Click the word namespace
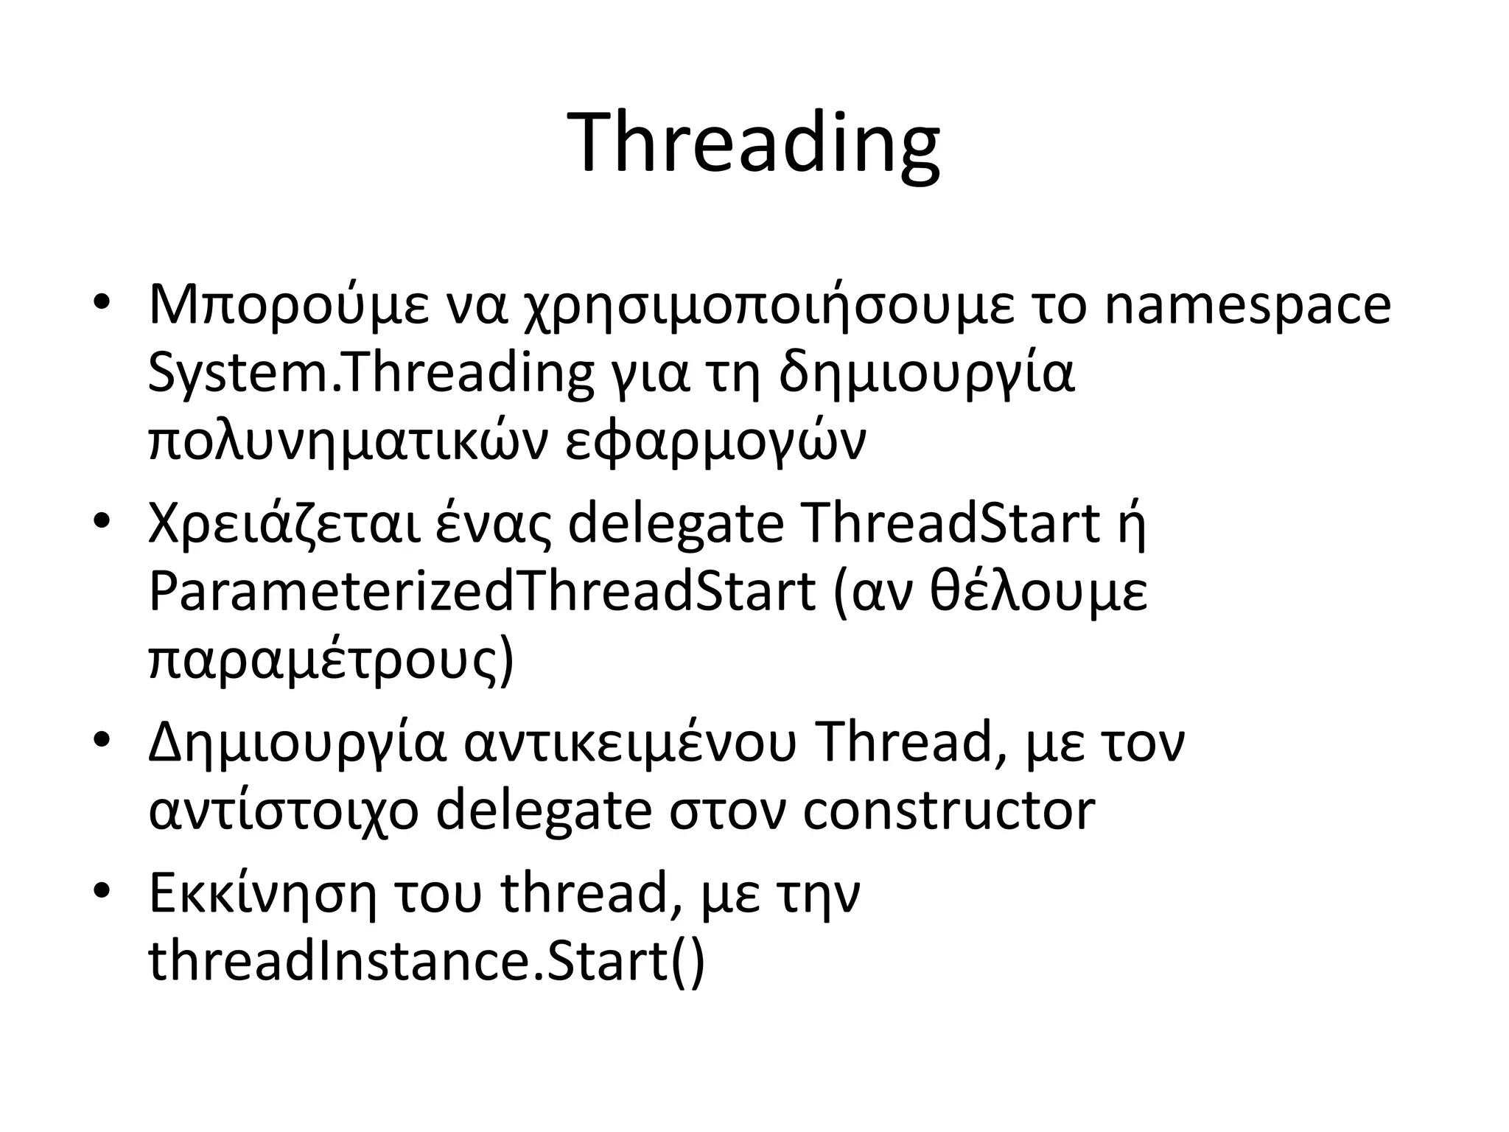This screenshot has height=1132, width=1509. pos(1247,307)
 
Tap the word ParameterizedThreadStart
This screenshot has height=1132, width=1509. pos(482,592)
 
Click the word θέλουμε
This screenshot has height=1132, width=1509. pos(1038,592)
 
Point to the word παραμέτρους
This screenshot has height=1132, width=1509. pos(330,660)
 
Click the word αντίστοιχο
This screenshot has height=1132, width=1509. pos(284,811)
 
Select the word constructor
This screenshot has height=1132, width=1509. pos(948,811)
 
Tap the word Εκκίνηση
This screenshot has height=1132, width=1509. pos(262,892)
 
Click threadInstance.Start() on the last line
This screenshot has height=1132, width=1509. pos(427,961)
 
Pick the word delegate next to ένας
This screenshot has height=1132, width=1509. pos(676,525)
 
